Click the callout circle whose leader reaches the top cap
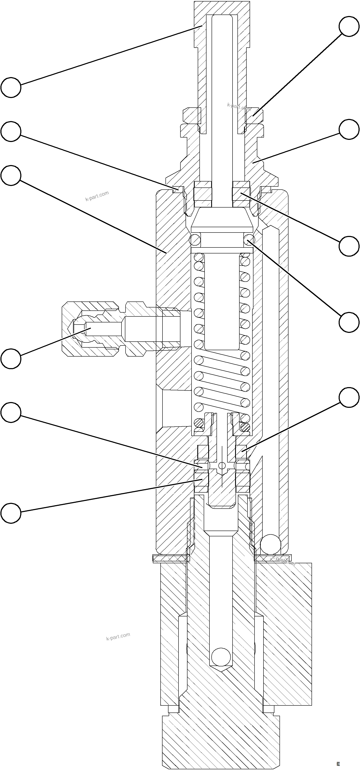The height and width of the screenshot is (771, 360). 11,87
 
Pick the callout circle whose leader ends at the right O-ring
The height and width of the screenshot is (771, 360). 349,322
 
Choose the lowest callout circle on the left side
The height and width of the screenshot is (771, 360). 11,513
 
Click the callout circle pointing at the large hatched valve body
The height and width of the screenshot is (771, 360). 11,176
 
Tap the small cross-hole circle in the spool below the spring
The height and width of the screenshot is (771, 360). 222,466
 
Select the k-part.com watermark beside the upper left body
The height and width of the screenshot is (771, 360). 97,196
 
